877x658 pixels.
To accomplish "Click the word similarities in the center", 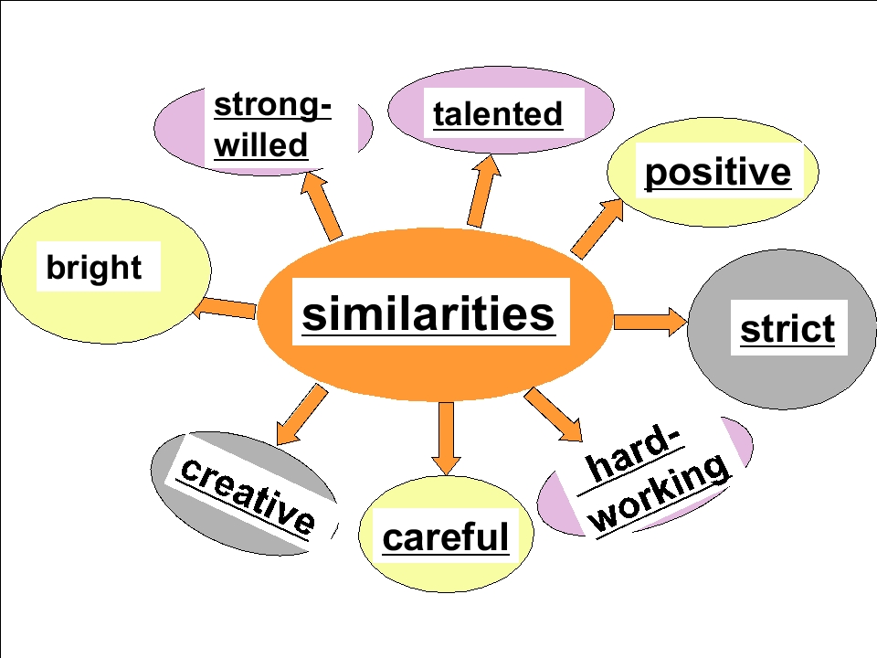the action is pyautogui.click(x=428, y=313).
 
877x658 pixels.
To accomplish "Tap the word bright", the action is pyautogui.click(x=94, y=267).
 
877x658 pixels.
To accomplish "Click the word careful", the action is pyautogui.click(x=446, y=536).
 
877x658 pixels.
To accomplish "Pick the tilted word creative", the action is pyautogui.click(x=248, y=495).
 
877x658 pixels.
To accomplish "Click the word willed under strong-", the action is pyautogui.click(x=261, y=145).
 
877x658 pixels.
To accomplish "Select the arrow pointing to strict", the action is pyautogui.click(x=650, y=322).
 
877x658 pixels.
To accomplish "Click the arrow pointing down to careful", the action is pyautogui.click(x=447, y=439).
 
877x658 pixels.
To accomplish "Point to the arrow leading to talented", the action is pyautogui.click(x=483, y=191).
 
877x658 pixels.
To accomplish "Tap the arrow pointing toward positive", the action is pyautogui.click(x=597, y=228).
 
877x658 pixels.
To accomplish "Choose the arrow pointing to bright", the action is pyautogui.click(x=225, y=308).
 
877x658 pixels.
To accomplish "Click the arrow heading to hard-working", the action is pyautogui.click(x=554, y=415).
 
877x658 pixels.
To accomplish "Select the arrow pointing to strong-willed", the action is pyautogui.click(x=321, y=206).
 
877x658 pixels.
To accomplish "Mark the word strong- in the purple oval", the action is pyautogui.click(x=273, y=106).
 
